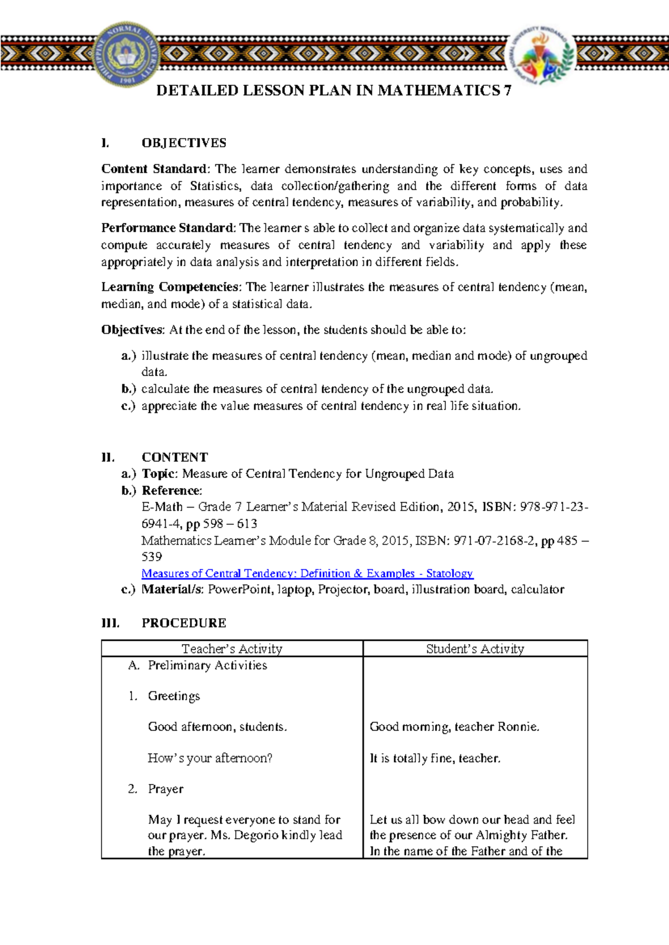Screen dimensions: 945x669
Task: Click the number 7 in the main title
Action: (x=507, y=91)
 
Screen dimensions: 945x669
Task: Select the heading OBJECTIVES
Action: (x=184, y=143)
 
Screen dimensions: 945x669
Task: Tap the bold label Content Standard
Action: (x=154, y=169)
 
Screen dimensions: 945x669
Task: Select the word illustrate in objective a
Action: (x=165, y=355)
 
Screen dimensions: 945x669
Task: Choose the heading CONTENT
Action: (x=174, y=457)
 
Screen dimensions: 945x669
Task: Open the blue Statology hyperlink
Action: (x=307, y=573)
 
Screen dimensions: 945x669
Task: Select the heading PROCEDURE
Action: (x=184, y=623)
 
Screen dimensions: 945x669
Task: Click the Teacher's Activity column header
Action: (x=232, y=649)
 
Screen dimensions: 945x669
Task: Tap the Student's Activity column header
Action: (x=475, y=649)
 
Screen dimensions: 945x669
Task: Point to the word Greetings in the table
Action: (x=174, y=696)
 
